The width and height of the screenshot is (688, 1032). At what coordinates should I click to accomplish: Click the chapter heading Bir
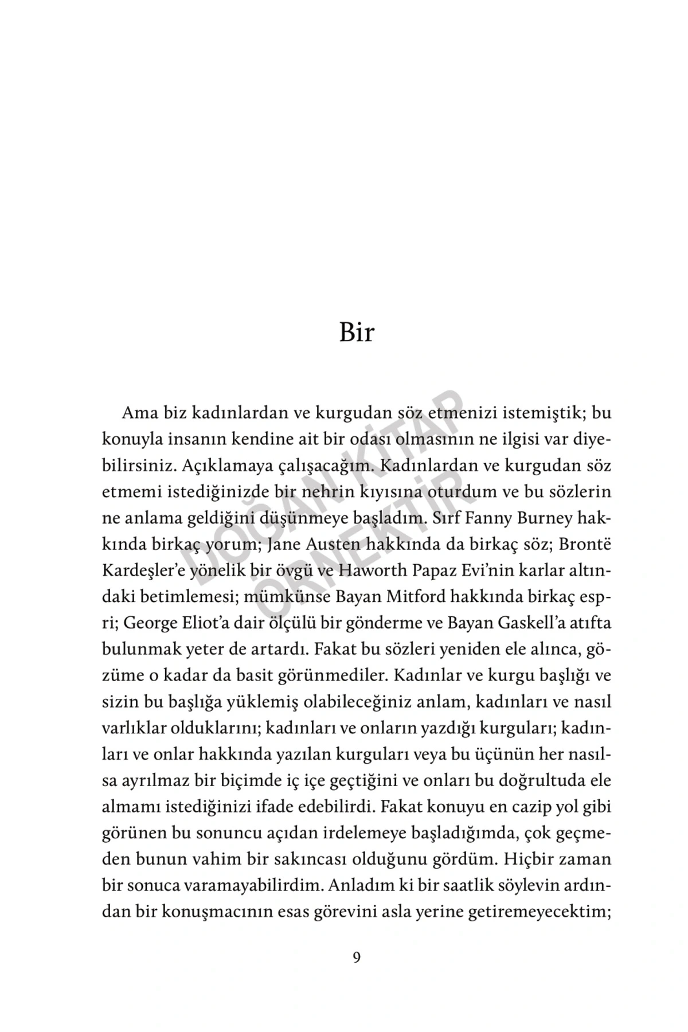click(x=356, y=332)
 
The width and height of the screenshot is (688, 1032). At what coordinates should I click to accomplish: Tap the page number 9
click(x=357, y=958)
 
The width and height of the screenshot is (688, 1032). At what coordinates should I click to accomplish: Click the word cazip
click(x=528, y=807)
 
